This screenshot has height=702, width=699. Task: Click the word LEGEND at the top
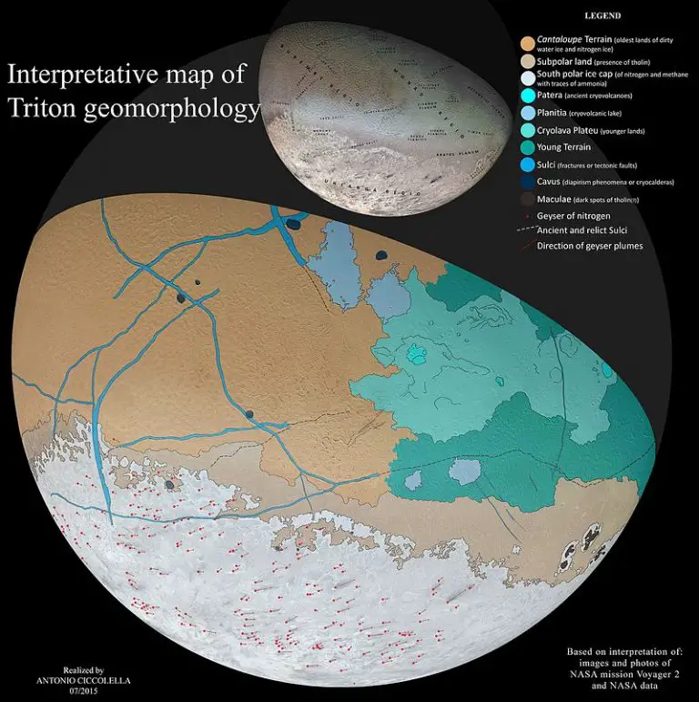(x=603, y=15)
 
